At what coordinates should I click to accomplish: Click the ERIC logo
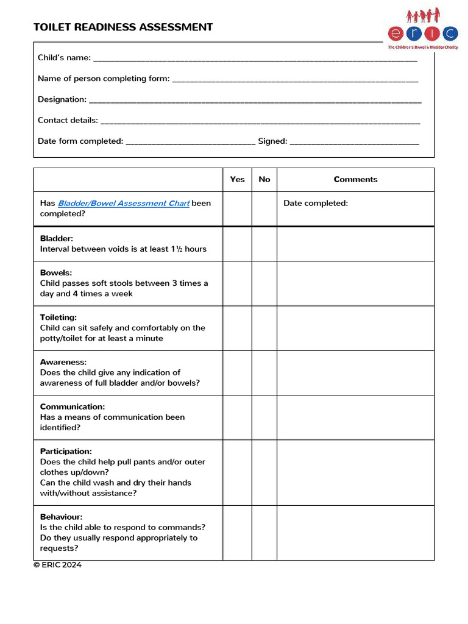423,29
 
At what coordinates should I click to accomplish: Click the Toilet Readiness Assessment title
123,27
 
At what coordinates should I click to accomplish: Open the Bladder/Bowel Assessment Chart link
124,204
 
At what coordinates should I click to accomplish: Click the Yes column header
237,179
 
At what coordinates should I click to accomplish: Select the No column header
264,179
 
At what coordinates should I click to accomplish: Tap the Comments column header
355,179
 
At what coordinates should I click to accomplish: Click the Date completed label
316,204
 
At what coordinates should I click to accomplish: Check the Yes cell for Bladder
237,244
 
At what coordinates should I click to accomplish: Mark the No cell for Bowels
264,283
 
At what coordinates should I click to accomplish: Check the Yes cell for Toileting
237,328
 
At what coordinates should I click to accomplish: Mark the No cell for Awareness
264,372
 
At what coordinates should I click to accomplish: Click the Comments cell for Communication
355,417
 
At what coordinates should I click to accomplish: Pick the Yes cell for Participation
237,472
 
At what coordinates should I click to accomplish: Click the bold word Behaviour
61,517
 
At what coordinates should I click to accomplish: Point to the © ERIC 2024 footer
57,565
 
